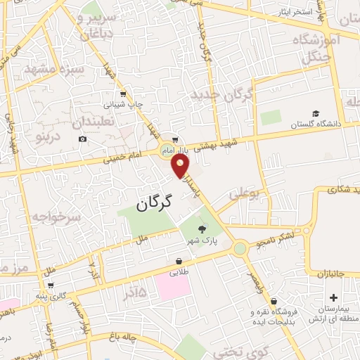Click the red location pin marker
(x=181, y=166)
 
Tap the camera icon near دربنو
(x=83, y=139)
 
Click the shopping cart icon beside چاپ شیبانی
(x=123, y=94)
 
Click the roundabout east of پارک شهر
(x=240, y=247)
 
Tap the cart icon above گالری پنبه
(x=51, y=286)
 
